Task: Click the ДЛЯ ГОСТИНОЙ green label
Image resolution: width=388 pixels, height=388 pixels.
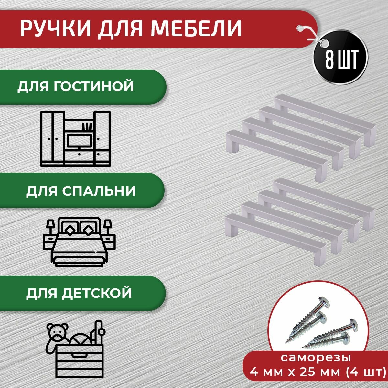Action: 76,86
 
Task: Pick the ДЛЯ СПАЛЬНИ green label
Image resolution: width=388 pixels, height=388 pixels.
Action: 81,191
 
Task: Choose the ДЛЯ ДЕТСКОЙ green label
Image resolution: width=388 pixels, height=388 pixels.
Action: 79,293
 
